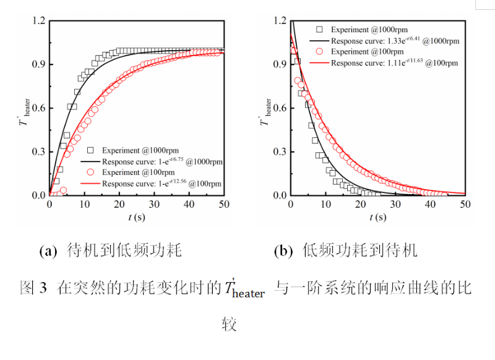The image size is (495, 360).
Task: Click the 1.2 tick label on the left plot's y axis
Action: tap(39, 21)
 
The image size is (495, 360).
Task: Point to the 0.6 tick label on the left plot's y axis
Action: tap(39, 108)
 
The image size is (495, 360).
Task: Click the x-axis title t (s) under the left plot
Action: tap(136, 218)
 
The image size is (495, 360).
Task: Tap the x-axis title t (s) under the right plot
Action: tap(377, 218)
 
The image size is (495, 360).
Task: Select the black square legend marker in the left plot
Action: tap(91, 150)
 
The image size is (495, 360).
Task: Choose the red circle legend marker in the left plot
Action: tap(91, 173)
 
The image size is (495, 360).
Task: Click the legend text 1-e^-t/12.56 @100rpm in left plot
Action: tap(162, 184)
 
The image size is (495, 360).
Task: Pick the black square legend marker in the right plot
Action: tap(319, 29)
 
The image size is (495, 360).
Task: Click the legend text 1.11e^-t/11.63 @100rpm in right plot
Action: tap(395, 63)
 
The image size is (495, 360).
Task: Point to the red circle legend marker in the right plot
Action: tap(319, 52)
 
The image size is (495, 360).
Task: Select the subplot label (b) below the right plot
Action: tap(283, 251)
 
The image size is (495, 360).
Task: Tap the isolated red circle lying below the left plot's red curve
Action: tap(63, 191)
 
